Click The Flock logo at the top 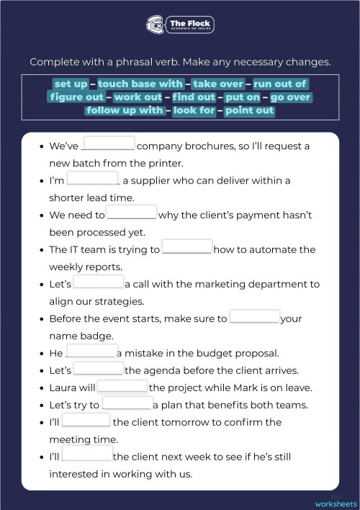(180, 25)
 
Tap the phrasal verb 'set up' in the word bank (71, 84)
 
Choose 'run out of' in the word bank (279, 84)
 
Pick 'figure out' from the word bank (77, 97)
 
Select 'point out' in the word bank (249, 110)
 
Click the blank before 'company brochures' (109, 145)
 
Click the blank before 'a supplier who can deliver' (93, 179)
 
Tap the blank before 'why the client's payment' (131, 214)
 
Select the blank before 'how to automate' (186, 249)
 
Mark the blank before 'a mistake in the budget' (91, 352)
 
